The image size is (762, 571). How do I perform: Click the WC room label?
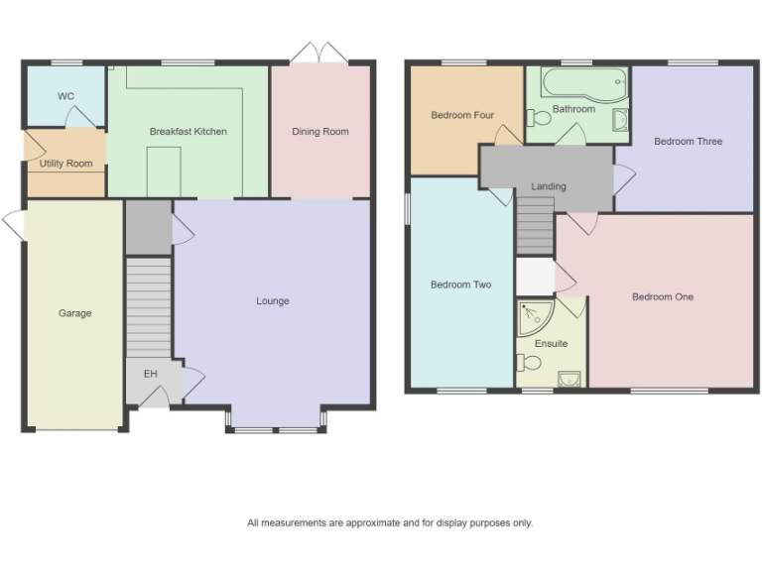[x=65, y=96]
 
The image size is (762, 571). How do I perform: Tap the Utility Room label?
[x=65, y=164]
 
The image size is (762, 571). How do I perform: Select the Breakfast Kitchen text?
[x=188, y=131]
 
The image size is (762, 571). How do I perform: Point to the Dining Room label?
[x=319, y=131]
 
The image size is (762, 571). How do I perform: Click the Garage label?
[x=74, y=313]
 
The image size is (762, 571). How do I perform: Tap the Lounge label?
[x=272, y=301]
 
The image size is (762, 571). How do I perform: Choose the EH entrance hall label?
[x=151, y=374]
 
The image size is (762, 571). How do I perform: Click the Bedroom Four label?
[x=462, y=115]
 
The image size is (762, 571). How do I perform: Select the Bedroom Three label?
[x=688, y=142]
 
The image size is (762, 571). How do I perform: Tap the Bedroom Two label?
[x=460, y=285]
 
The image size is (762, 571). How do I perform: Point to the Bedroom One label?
[x=663, y=296]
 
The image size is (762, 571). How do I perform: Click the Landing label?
[x=548, y=186]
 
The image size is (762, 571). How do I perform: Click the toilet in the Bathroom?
[x=539, y=118]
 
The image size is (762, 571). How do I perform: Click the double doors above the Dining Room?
[x=320, y=52]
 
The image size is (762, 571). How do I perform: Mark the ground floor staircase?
[x=149, y=307]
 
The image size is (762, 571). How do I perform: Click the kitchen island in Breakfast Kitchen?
[x=163, y=171]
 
